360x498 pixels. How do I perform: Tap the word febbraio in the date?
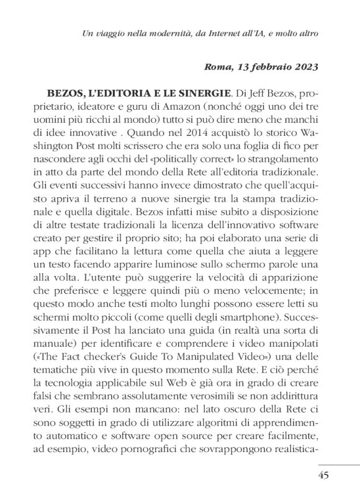pos(269,68)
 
